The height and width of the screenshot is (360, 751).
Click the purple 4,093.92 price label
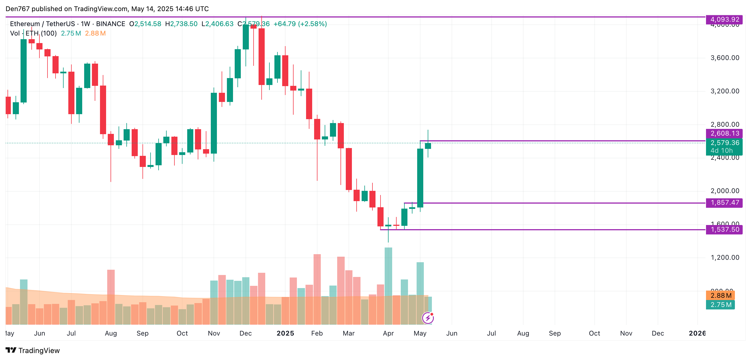(724, 19)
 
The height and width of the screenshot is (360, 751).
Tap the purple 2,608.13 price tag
(724, 134)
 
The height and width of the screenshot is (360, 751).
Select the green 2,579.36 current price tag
(724, 143)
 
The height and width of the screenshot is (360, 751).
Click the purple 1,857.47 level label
(724, 202)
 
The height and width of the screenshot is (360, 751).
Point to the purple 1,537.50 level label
(724, 230)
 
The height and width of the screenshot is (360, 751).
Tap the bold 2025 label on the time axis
(285, 333)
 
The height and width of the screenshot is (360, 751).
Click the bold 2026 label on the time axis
(697, 333)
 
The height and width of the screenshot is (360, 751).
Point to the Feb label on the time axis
(317, 333)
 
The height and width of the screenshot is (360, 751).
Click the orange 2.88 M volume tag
(720, 295)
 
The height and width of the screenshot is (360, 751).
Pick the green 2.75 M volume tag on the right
(720, 305)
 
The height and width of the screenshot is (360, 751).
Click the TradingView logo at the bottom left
(33, 350)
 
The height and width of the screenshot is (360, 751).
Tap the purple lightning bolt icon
(428, 318)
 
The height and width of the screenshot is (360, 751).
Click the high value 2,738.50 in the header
(184, 24)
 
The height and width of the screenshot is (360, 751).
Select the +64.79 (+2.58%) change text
(300, 24)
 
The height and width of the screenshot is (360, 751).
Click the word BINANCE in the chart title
(111, 24)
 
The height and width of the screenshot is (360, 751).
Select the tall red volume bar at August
(111, 296)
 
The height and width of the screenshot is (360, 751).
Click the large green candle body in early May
(420, 178)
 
